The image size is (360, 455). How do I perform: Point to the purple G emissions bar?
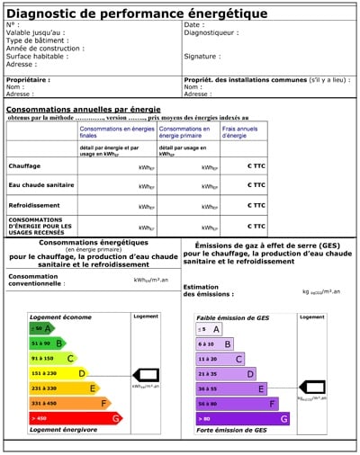[x=243, y=418]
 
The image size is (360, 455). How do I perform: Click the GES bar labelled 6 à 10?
[x=215, y=343]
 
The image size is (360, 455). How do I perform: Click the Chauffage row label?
[x=24, y=166]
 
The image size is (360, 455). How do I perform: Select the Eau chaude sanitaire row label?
[x=40, y=185]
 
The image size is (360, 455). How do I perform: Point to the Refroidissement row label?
[x=34, y=204]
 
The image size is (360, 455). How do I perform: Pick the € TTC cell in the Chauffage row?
[x=256, y=166]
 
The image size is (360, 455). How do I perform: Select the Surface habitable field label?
[x=35, y=56]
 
